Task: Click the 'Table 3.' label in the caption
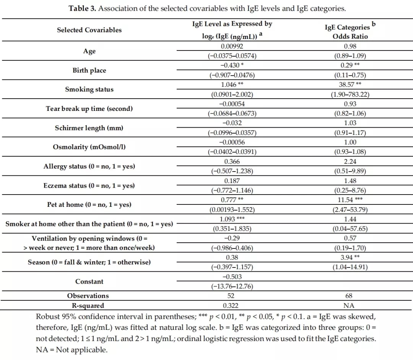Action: [x=82, y=8]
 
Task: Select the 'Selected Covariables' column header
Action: [x=89, y=30]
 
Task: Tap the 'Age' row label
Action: [x=89, y=51]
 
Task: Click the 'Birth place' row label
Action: [x=89, y=70]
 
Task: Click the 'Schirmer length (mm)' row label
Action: [x=89, y=128]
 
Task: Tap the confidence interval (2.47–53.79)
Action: [x=349, y=209]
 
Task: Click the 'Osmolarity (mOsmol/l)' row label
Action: [x=89, y=147]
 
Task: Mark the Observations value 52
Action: [x=231, y=296]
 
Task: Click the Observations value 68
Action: [x=349, y=296]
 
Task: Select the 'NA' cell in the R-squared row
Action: [x=349, y=305]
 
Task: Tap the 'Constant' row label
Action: [x=89, y=282]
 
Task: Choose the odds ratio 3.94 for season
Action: [x=345, y=258]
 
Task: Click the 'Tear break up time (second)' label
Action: [x=89, y=109]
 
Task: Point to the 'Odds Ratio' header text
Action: [x=349, y=36]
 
